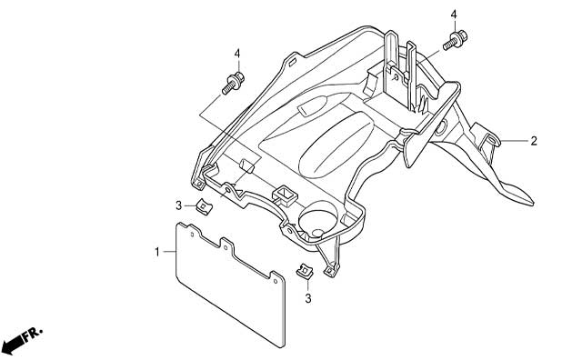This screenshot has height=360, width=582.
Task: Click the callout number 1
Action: coord(157,252)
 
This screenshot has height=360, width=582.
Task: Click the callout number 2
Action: coord(534,141)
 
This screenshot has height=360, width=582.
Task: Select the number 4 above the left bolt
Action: coord(237,54)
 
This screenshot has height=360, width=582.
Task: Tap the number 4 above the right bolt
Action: coord(454,15)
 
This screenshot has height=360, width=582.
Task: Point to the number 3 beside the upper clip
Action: coord(178,205)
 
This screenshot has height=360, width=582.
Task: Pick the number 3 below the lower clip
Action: coord(308,298)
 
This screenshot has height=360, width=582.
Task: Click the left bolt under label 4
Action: coord(233,84)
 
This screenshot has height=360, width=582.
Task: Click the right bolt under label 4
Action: coord(456,40)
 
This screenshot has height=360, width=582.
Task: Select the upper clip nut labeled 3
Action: coord(204,206)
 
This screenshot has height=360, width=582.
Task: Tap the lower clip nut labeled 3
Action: coord(306,271)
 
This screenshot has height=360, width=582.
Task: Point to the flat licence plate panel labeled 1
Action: coord(230,284)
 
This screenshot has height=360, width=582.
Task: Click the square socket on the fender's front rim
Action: coord(286,195)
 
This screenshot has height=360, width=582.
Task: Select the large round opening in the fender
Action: coord(318,220)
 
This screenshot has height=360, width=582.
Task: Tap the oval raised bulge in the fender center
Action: coord(336,145)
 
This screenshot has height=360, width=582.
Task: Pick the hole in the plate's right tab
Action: coord(276,281)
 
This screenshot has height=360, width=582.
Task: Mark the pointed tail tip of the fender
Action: coord(533,205)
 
